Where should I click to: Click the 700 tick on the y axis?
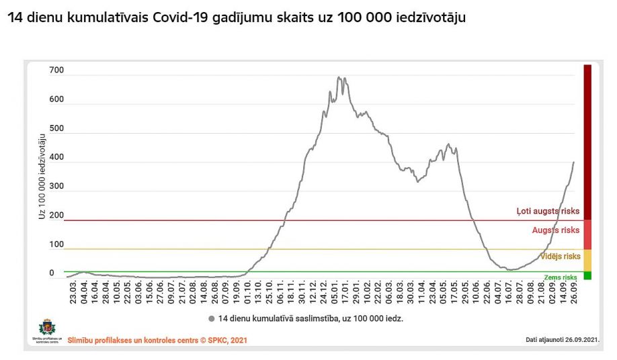coord(56,71)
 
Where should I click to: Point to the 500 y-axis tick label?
coord(56,128)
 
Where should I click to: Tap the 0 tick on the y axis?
coord(52,273)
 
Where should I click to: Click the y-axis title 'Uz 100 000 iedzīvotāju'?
coord(42,177)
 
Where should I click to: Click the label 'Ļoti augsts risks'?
coord(548,211)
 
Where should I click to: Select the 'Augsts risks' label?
coord(555,230)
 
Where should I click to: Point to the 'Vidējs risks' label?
coord(560,257)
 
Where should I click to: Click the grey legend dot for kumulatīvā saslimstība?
coord(212,318)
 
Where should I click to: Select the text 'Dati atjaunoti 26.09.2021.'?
coord(562,340)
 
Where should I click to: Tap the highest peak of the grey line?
coord(339,77)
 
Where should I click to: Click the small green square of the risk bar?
coord(587,275)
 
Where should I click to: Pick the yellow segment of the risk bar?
coord(587,260)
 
